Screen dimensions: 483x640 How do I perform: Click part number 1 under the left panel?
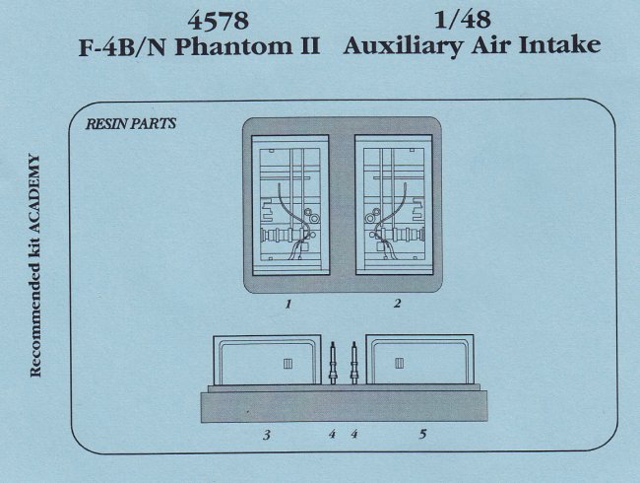click(x=288, y=306)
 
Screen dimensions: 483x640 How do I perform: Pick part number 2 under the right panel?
click(x=397, y=306)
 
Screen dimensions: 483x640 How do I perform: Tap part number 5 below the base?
click(x=422, y=434)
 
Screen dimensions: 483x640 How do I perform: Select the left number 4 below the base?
click(x=332, y=434)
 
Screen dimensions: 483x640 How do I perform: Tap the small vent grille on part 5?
click(x=399, y=365)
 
